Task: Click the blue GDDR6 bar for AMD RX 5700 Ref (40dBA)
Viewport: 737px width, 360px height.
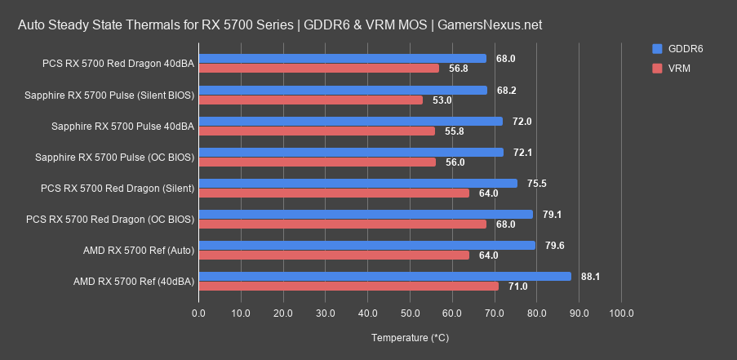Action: (384, 276)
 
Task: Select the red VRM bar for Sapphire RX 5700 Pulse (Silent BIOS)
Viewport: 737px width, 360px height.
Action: (311, 100)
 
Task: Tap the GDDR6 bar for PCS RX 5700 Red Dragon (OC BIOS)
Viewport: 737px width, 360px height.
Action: (366, 214)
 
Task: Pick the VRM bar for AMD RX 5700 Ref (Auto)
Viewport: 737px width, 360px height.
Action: (334, 255)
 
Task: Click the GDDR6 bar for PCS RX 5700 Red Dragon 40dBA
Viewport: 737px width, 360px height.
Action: (342, 59)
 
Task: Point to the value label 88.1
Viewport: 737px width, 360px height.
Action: (590, 277)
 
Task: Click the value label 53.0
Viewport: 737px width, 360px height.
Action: (442, 100)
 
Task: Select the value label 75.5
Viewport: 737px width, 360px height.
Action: (536, 184)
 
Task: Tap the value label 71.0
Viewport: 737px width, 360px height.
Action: (517, 287)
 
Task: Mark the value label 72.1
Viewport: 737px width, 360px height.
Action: (522, 153)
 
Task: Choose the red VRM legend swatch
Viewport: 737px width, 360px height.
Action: (658, 69)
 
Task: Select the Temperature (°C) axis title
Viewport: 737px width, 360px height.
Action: (410, 337)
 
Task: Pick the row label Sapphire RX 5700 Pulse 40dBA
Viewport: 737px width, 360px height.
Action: (122, 127)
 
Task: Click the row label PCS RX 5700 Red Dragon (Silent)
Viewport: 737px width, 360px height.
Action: (117, 189)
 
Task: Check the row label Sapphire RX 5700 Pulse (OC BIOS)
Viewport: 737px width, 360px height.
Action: (114, 158)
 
